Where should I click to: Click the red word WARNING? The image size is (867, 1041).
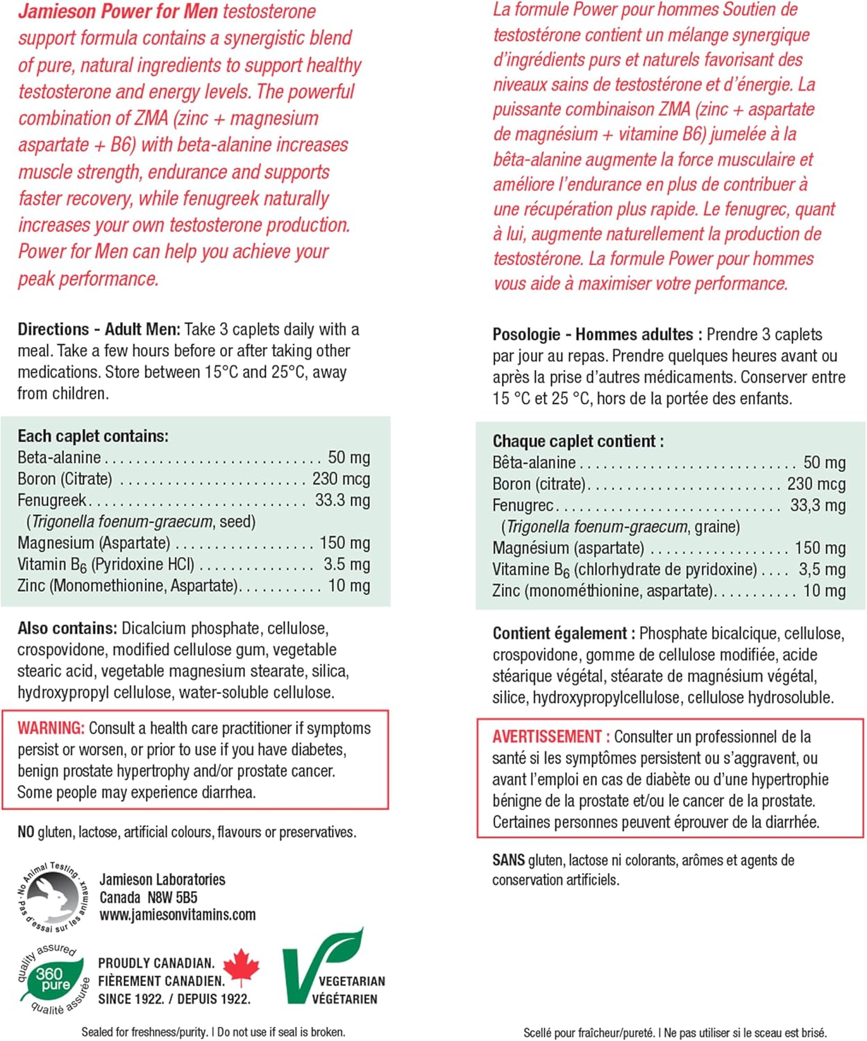pyautogui.click(x=51, y=728)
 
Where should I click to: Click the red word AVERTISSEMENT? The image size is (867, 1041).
pyautogui.click(x=547, y=736)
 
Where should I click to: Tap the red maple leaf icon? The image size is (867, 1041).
pyautogui.click(x=242, y=967)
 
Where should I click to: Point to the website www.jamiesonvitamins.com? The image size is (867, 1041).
pyautogui.click(x=178, y=915)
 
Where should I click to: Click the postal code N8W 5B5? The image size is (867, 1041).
pyautogui.click(x=172, y=897)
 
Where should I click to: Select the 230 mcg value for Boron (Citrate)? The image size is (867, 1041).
pyautogui.click(x=341, y=479)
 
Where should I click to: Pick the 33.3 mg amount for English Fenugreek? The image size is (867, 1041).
pyautogui.click(x=342, y=500)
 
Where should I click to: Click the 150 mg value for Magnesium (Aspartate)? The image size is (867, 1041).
pyautogui.click(x=344, y=543)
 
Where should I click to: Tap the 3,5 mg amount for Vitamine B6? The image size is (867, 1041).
pyautogui.click(x=822, y=570)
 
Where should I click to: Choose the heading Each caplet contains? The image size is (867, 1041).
pyautogui.click(x=93, y=436)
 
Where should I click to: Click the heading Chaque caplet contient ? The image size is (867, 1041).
pyautogui.click(x=578, y=441)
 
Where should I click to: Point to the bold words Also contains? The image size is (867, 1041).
pyautogui.click(x=67, y=628)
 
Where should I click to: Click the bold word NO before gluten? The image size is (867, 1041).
pyautogui.click(x=26, y=831)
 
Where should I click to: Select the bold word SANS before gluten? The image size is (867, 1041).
pyautogui.click(x=508, y=860)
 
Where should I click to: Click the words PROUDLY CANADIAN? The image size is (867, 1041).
pyautogui.click(x=156, y=963)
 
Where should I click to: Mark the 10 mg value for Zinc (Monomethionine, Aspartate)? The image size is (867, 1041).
pyautogui.click(x=348, y=586)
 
